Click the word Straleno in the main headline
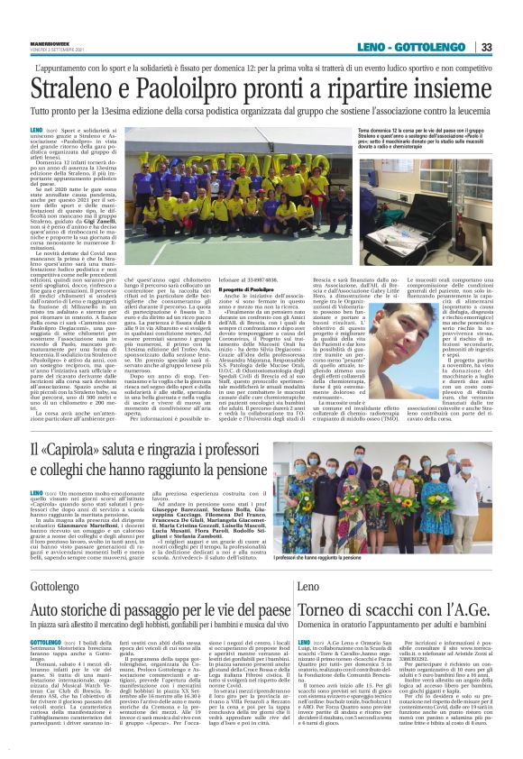point(78,88)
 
